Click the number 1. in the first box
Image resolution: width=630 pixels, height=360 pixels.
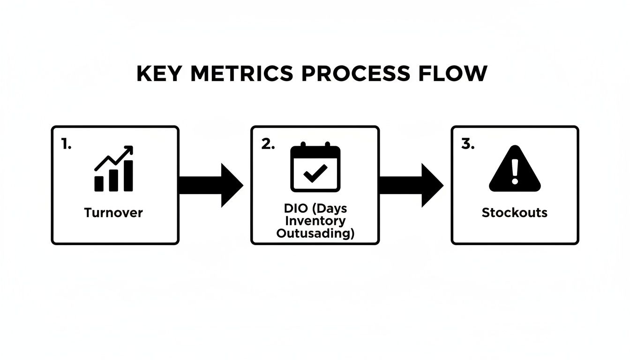[x=67, y=145]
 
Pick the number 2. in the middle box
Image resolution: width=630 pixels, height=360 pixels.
[x=268, y=145]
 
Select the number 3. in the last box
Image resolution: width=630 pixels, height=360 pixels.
[x=468, y=145]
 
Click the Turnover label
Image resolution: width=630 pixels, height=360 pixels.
[x=113, y=213]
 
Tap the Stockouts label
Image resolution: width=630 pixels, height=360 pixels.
[x=514, y=213]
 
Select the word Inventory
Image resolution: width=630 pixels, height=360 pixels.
[x=315, y=221]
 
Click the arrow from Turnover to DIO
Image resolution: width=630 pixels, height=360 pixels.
[x=211, y=185]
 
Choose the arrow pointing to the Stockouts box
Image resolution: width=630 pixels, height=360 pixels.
[x=411, y=185]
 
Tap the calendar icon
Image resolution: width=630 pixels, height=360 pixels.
[x=315, y=168]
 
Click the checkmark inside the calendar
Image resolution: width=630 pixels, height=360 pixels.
[x=315, y=175]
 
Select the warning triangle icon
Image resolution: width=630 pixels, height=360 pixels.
[x=515, y=169]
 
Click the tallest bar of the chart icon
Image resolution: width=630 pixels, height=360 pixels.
[x=128, y=176]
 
